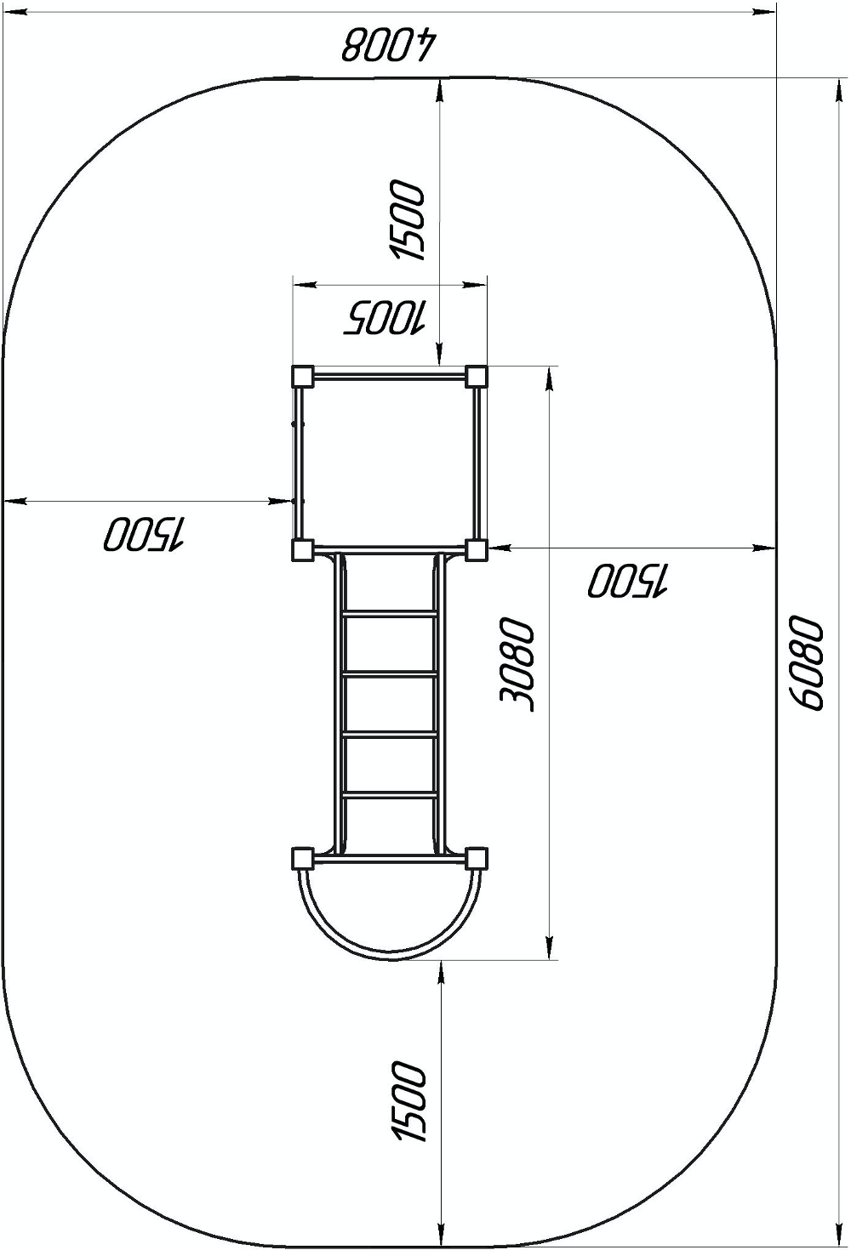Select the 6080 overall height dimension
(808, 663)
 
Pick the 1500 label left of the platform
(144, 537)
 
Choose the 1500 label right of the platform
(628, 581)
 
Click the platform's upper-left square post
(303, 377)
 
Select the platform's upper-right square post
(477, 377)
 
